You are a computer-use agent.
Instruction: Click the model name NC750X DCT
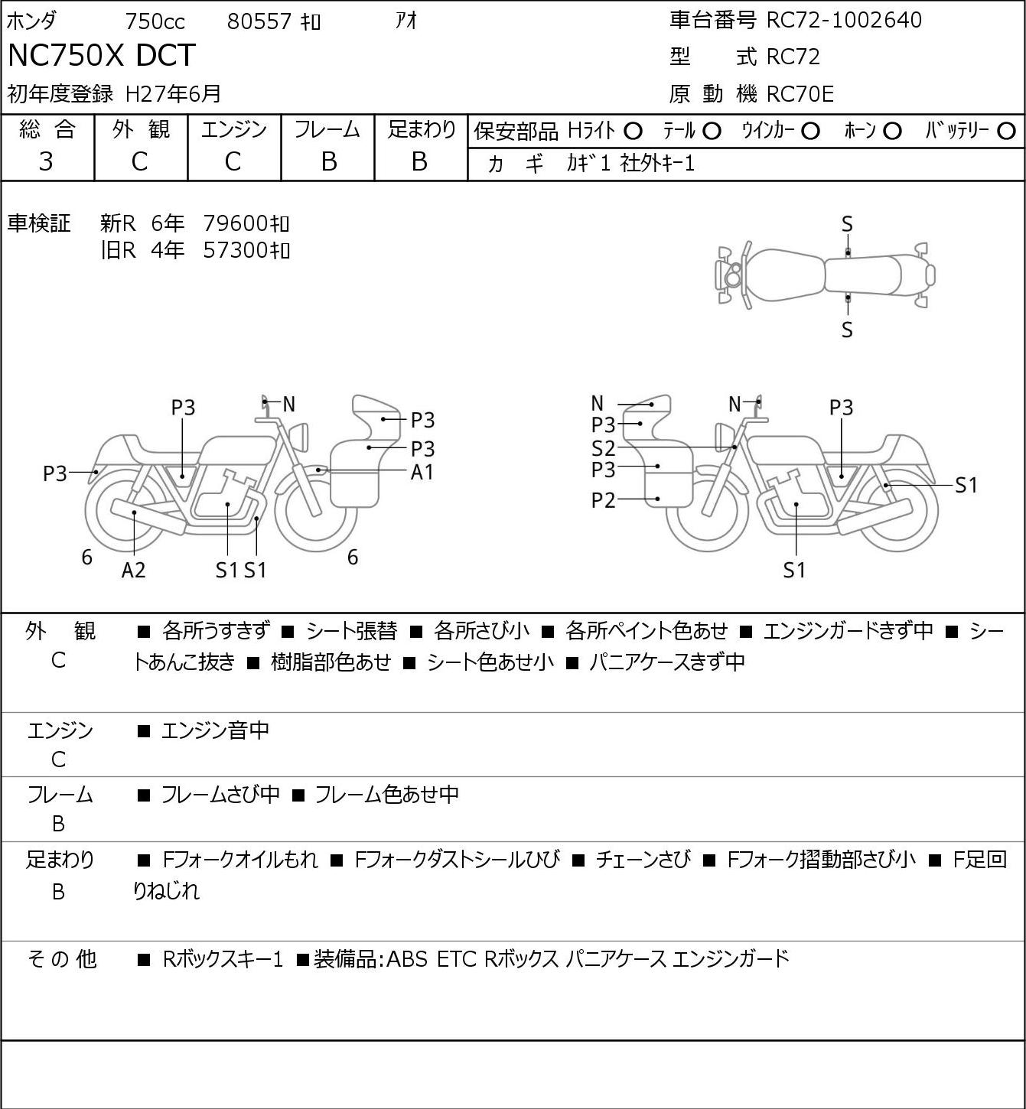pyautogui.click(x=102, y=55)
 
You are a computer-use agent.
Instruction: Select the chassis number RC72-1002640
pyautogui.click(x=844, y=21)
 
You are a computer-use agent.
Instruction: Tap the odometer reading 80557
pyautogui.click(x=259, y=21)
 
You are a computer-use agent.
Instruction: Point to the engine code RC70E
pyautogui.click(x=800, y=94)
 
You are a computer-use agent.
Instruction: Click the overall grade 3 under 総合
pyautogui.click(x=46, y=162)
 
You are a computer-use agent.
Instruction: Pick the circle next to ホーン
pyautogui.click(x=892, y=132)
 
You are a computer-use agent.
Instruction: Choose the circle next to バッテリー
pyautogui.click(x=1006, y=132)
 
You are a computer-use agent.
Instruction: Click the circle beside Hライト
pyautogui.click(x=633, y=132)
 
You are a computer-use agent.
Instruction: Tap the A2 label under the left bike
pyautogui.click(x=134, y=570)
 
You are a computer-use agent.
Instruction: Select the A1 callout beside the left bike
pyautogui.click(x=422, y=473)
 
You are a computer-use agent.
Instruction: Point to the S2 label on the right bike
pyautogui.click(x=603, y=448)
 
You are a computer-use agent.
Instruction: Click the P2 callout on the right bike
pyautogui.click(x=603, y=500)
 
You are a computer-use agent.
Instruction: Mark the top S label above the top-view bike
pyautogui.click(x=847, y=225)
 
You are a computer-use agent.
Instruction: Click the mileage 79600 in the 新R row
pyautogui.click(x=235, y=223)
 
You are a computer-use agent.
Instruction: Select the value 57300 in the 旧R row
pyautogui.click(x=235, y=250)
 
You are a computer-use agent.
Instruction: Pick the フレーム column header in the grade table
pyautogui.click(x=327, y=129)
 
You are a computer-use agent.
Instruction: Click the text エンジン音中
pyautogui.click(x=215, y=730)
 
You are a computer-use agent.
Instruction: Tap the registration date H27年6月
pyautogui.click(x=173, y=94)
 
